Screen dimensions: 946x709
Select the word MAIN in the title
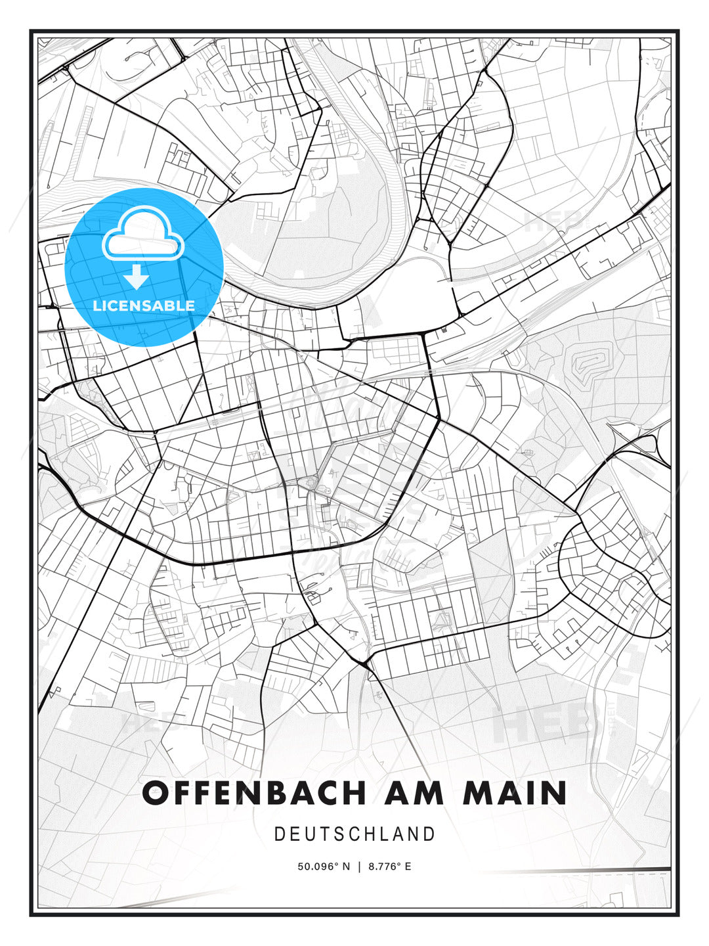click(515, 793)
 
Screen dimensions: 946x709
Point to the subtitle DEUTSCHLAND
click(354, 834)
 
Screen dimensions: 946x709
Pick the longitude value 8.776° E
click(390, 867)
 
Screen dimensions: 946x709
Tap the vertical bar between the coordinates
click(359, 867)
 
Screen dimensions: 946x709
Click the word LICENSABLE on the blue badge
click(144, 305)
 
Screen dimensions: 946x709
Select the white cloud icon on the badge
click(142, 235)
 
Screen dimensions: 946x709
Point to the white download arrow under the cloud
click(137, 277)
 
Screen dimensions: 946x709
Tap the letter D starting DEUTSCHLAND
click(279, 834)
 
